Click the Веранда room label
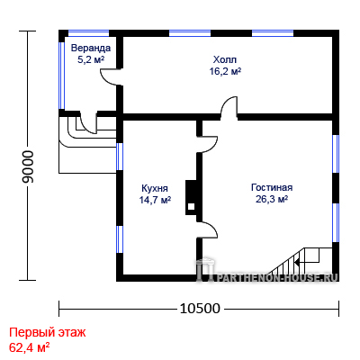[x=91, y=48]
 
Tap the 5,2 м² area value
[x=91, y=59]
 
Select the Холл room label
[x=225, y=59]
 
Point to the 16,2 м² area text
[x=225, y=71]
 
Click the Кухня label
[x=155, y=188]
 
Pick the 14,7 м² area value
[x=155, y=200]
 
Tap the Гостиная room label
[x=272, y=187]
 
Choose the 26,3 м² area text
[x=272, y=199]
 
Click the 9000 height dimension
[x=29, y=166]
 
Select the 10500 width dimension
[x=200, y=308]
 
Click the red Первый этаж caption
[x=48, y=333]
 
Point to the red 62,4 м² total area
[x=29, y=347]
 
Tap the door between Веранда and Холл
[x=111, y=77]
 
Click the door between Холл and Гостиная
[x=229, y=107]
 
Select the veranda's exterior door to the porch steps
[x=89, y=122]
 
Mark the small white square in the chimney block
[x=191, y=206]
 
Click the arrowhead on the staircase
[x=297, y=263]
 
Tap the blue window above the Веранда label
[x=88, y=33]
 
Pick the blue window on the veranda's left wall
[x=61, y=75]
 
